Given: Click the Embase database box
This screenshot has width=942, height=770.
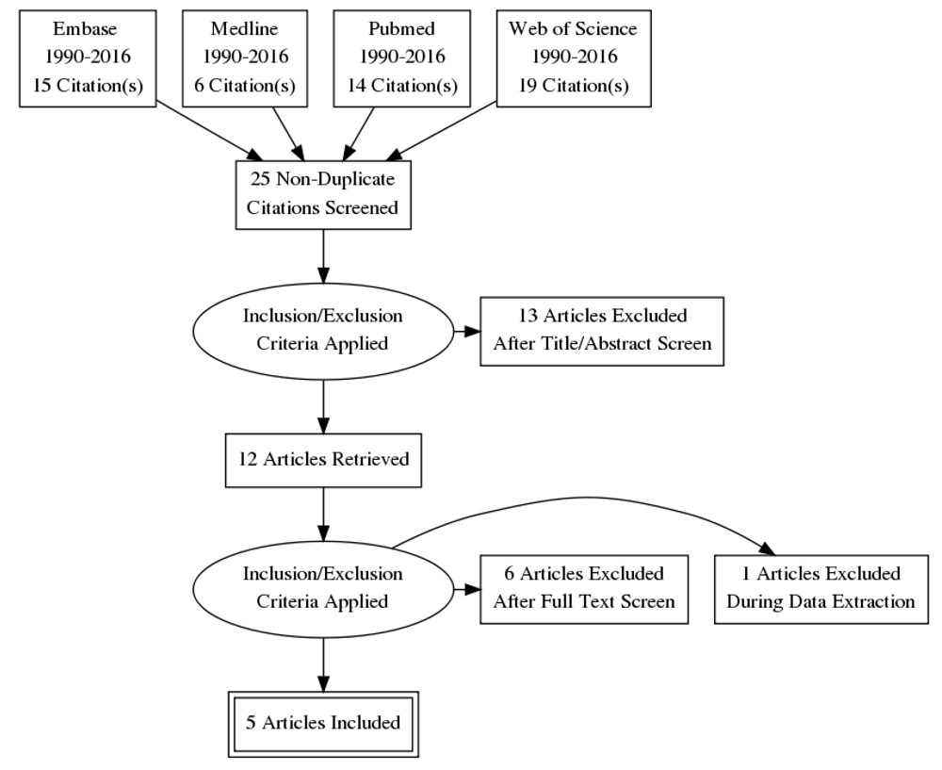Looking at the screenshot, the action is [88, 58].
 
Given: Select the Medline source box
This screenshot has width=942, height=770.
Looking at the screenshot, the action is [245, 58].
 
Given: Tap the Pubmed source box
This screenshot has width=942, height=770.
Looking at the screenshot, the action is [402, 58].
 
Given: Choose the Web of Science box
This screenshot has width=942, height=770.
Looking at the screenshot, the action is [574, 58].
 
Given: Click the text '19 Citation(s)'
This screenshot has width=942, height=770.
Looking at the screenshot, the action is [574, 86].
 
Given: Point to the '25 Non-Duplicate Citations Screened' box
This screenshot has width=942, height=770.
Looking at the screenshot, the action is [323, 195].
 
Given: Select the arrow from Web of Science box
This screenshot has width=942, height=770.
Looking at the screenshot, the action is [442, 131].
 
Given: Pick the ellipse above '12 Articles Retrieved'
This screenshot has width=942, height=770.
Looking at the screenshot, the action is [323, 331].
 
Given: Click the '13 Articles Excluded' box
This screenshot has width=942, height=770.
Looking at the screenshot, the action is [602, 331].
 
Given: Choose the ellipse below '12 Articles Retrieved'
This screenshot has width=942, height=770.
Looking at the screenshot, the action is [323, 589].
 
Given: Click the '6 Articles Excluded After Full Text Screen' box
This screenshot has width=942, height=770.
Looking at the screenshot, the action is [584, 589].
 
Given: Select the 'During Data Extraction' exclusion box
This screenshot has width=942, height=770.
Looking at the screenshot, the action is [821, 589].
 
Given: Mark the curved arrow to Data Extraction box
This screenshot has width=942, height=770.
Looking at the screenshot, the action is [586, 498].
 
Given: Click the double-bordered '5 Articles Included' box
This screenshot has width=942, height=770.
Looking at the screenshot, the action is [323, 725].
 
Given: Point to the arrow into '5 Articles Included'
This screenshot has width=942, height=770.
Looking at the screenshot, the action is [323, 664].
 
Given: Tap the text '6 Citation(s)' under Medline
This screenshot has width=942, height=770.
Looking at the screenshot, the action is [245, 86].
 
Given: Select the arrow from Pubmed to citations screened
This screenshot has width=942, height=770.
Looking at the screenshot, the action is [359, 134].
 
